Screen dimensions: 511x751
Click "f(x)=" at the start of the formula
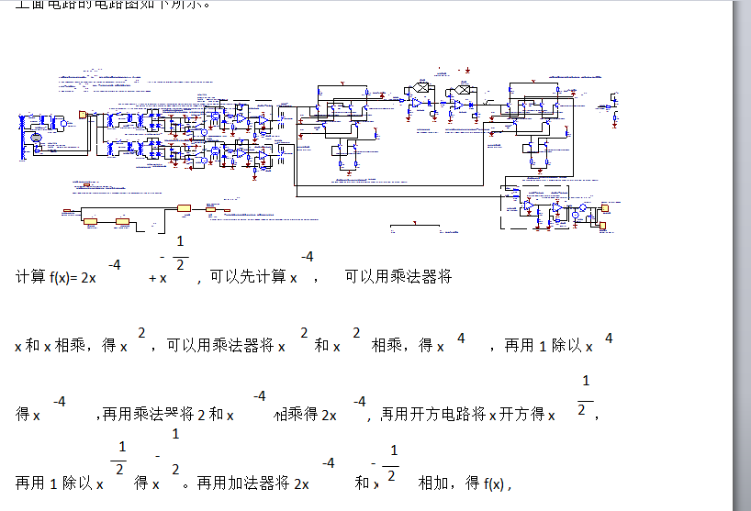coord(63,277)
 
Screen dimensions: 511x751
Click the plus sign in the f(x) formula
coord(152,277)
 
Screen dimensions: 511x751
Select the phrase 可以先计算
coord(247,277)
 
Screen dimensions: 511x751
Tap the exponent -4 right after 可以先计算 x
coord(308,257)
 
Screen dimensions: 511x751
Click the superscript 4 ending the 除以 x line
coord(608,338)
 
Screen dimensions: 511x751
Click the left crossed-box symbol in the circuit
coord(420,88)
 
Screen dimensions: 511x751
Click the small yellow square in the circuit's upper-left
coord(83,115)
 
